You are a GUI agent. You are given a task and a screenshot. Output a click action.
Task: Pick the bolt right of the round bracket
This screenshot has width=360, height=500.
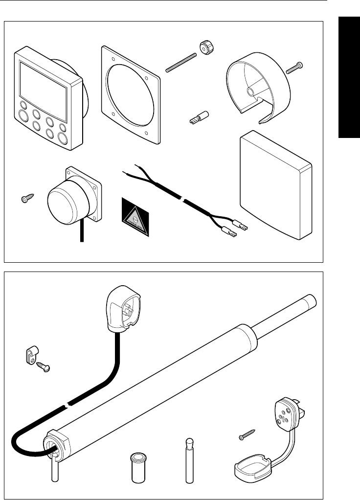click(295, 67)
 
